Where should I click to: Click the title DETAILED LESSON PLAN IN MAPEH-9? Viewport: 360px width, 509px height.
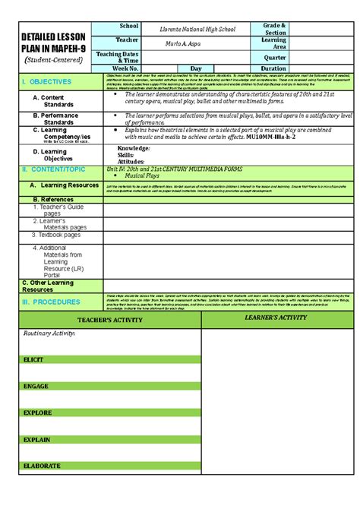tap(53, 42)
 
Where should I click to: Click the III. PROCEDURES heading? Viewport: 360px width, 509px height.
tap(50, 302)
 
